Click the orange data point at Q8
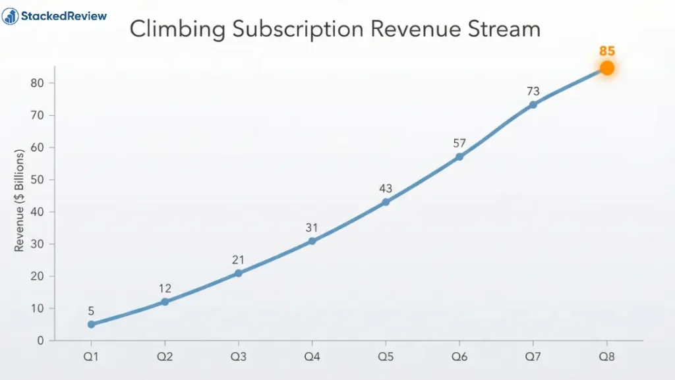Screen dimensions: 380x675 coord(607,68)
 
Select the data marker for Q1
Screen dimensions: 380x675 coord(91,324)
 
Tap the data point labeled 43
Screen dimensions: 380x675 coord(386,202)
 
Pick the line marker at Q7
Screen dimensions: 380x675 coord(533,105)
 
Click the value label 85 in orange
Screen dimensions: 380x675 coord(607,51)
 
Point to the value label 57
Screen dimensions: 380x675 coord(459,144)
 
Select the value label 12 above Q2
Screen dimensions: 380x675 coord(165,288)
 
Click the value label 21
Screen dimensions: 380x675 coord(238,260)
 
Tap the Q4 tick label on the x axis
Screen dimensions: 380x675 coord(312,357)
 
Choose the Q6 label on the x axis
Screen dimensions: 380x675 coord(459,357)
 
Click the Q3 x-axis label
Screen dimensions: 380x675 coord(238,357)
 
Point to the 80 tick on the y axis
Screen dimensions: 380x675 coord(38,83)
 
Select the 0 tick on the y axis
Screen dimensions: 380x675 coord(40,340)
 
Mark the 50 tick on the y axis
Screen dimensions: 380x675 coord(38,180)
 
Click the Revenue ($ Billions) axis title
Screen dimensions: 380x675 coord(19,201)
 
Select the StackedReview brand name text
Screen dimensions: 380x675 coord(64,16)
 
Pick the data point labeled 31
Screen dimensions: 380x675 coord(312,241)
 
